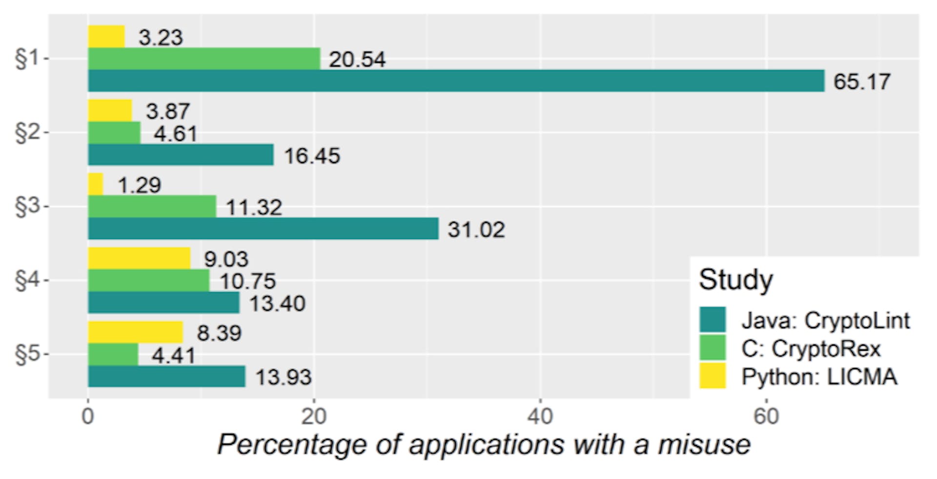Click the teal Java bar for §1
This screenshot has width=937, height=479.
[456, 80]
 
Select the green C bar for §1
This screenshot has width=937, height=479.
[204, 59]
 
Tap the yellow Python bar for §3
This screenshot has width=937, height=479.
[96, 184]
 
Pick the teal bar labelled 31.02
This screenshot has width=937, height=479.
[263, 229]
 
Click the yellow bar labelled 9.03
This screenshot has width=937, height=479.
[139, 258]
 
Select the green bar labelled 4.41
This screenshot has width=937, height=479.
[113, 355]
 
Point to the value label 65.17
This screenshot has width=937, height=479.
[862, 81]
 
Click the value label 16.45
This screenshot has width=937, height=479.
[312, 156]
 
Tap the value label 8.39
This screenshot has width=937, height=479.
[219, 333]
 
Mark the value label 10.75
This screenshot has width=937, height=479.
[247, 281]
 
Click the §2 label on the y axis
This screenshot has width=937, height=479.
[27, 133]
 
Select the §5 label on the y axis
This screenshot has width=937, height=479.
[27, 355]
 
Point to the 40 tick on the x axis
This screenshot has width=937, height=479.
[540, 417]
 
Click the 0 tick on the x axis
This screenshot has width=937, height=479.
[88, 417]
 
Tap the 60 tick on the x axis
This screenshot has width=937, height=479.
[766, 417]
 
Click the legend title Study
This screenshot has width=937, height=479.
[736, 280]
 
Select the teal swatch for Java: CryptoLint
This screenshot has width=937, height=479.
[713, 320]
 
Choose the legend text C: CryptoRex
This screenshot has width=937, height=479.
[811, 349]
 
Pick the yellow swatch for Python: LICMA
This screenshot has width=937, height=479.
[713, 376]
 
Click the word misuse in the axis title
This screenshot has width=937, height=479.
[704, 445]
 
